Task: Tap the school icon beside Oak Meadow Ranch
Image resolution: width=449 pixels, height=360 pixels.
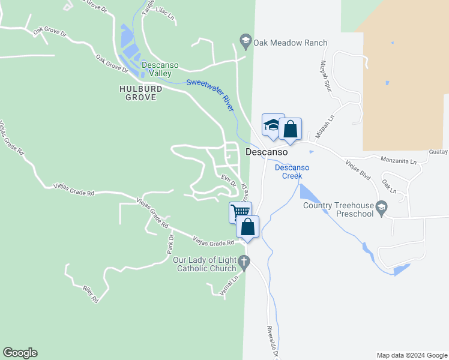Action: [245, 43]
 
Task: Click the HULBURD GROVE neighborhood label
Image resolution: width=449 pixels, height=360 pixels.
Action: [140, 92]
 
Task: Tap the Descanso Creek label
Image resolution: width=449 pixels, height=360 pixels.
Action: [292, 172]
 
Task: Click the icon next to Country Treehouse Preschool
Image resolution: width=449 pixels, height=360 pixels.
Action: [380, 208]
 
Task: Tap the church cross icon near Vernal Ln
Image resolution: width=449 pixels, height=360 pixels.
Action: [244, 262]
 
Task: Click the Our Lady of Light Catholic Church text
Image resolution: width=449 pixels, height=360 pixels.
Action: [204, 264]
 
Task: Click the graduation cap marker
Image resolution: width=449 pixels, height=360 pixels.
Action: [273, 125]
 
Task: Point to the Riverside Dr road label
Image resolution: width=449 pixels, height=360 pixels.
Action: [273, 342]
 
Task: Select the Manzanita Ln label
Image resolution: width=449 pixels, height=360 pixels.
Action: [399, 161]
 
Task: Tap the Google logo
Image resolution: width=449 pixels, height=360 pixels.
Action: [20, 353]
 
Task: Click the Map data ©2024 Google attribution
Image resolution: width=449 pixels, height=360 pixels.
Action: [411, 355]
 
